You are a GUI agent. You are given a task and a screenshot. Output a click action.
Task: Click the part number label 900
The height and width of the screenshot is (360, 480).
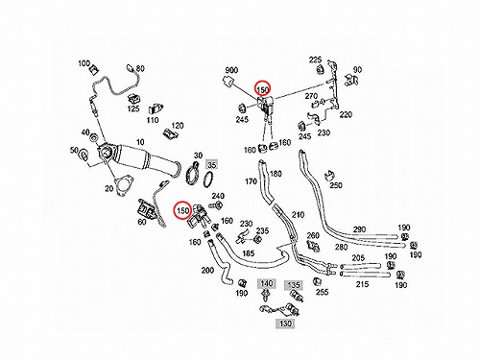231,70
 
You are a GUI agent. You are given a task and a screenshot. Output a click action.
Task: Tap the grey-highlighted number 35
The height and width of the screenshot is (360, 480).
212,165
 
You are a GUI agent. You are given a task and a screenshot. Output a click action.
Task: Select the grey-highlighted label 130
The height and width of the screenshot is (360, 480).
285,324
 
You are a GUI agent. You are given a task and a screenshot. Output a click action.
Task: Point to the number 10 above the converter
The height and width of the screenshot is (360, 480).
140,142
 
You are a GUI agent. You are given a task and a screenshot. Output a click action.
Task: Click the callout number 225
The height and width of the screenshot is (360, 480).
315,60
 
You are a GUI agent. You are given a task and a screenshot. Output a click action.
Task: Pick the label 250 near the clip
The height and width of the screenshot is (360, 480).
336,185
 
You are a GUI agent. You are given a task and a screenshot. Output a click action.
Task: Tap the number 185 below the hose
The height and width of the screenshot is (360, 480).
249,253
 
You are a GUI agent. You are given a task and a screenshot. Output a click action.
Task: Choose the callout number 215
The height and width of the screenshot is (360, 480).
362,284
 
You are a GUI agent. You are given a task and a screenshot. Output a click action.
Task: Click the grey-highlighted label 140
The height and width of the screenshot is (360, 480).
266,283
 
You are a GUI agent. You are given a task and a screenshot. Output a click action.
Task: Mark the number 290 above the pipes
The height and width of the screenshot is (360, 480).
359,229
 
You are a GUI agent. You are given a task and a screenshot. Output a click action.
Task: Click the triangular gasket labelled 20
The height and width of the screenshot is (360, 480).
122,185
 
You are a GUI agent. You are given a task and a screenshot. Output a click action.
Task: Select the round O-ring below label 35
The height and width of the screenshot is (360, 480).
208,179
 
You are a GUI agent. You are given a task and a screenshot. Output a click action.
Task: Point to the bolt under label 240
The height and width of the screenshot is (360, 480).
217,205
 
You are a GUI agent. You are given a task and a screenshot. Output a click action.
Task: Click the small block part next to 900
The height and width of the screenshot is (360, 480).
228,82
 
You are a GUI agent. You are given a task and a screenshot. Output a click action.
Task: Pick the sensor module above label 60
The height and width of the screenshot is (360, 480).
145,209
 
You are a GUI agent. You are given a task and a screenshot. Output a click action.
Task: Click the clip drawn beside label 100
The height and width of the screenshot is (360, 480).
94,70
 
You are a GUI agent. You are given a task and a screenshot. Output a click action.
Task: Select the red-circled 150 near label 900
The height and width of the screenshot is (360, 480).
262,89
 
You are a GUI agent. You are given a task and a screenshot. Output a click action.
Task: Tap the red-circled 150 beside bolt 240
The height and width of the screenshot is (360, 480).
182,210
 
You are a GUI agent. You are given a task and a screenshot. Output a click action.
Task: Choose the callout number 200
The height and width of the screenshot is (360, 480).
207,271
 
